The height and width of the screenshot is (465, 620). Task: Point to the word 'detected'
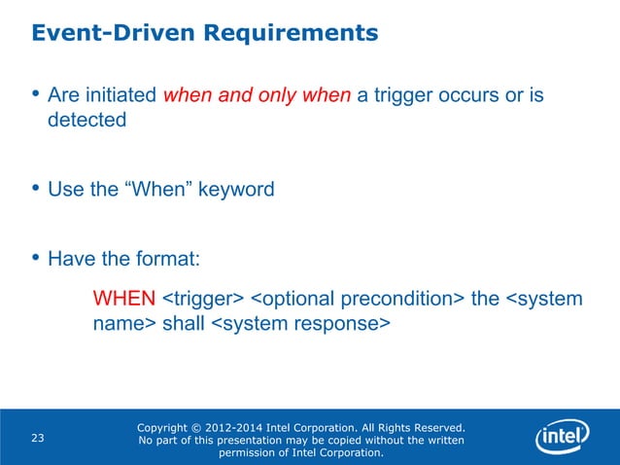(86, 121)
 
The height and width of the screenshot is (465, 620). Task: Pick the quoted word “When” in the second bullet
(156, 190)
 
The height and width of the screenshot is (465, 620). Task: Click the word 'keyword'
(236, 190)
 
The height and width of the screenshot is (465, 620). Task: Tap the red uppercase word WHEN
(123, 297)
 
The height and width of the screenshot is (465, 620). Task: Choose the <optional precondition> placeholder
(357, 297)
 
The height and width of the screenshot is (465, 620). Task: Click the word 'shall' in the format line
(183, 323)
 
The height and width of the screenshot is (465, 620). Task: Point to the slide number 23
(38, 439)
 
